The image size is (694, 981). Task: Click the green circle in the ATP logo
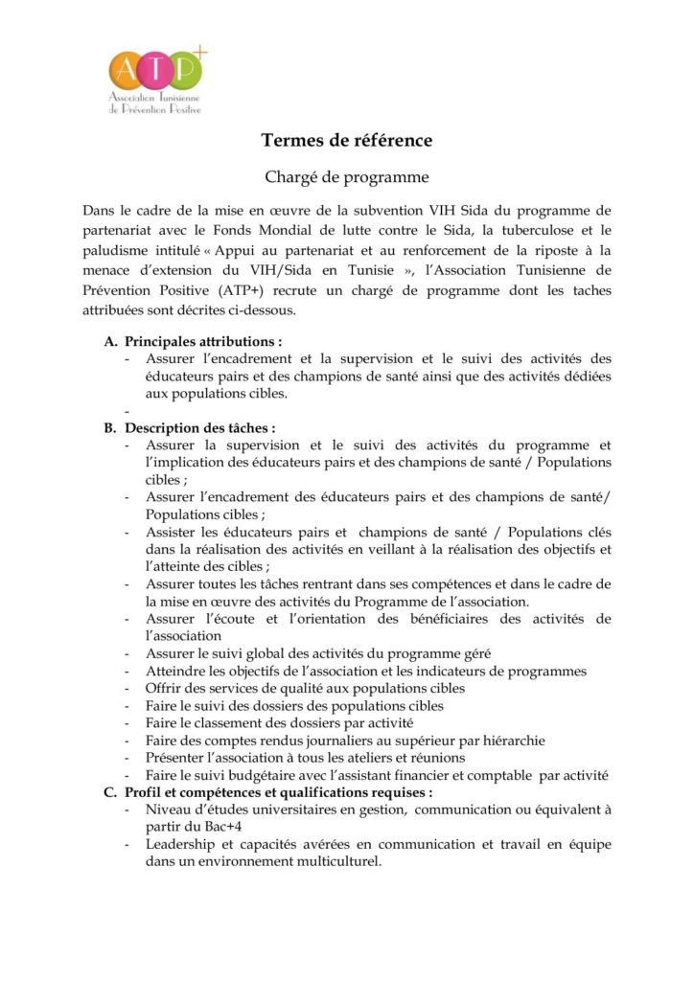coord(186,71)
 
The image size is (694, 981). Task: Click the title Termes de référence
coord(346,141)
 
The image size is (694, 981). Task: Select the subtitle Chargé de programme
coord(346,177)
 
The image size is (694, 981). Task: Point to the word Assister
coord(173,532)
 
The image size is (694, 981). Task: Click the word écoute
coord(268,619)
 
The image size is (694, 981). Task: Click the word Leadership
coord(184,844)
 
